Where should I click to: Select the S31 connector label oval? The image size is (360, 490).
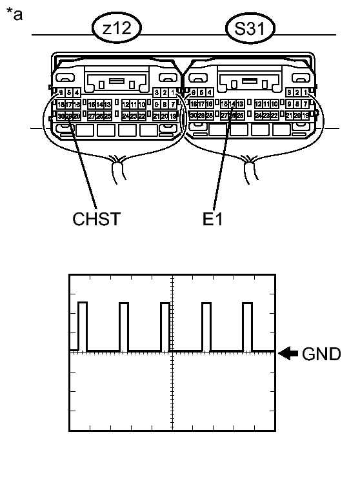[x=249, y=29]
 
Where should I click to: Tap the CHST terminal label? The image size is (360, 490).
[x=96, y=218]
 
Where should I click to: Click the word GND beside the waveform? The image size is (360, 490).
[x=321, y=354]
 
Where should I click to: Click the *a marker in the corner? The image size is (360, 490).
[x=14, y=14]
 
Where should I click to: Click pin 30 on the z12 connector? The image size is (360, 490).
[x=61, y=116]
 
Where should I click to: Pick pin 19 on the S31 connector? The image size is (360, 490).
[x=306, y=116]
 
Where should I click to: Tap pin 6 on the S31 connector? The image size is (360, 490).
[x=192, y=93]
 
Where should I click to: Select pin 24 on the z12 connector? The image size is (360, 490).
[x=126, y=116]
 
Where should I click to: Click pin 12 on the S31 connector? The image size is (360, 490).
[x=258, y=104]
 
